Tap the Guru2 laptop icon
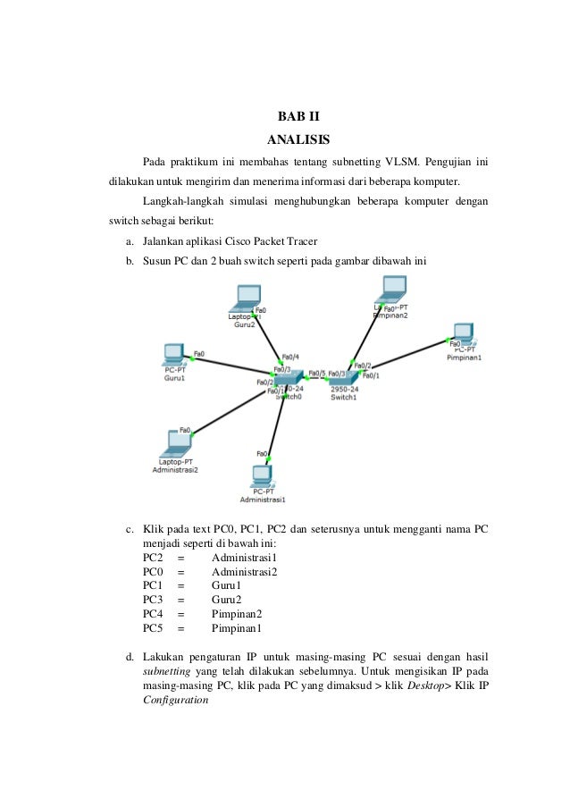(245, 298)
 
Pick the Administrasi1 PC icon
(262, 475)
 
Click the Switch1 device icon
(344, 381)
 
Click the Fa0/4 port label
(289, 357)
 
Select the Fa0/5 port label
(316, 374)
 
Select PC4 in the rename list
(153, 614)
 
